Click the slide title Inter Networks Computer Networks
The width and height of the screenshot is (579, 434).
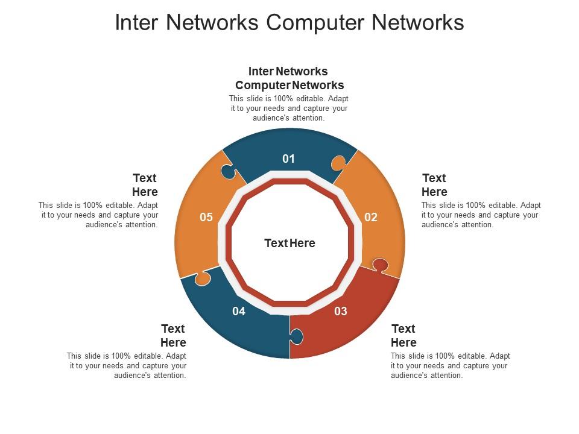click(289, 22)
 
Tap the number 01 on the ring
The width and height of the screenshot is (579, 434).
click(289, 159)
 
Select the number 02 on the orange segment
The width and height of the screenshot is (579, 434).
click(371, 217)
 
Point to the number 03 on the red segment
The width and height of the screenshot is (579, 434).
click(341, 311)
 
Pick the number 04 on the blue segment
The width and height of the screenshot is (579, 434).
click(239, 311)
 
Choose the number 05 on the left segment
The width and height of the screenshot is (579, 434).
click(206, 217)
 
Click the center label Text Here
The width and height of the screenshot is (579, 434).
click(289, 243)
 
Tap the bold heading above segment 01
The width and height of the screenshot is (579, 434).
click(289, 78)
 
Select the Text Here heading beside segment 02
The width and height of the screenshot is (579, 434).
click(434, 185)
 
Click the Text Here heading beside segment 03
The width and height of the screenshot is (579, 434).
click(403, 336)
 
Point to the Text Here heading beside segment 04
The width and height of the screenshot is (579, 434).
click(173, 336)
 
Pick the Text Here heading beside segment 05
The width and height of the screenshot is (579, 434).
click(145, 185)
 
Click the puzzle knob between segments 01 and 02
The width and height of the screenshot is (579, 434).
click(338, 163)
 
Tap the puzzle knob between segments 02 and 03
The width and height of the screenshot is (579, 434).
click(380, 265)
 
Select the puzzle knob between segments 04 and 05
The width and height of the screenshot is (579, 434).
click(202, 278)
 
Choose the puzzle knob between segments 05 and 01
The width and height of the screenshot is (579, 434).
click(227, 172)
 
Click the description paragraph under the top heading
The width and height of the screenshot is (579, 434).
click(289, 108)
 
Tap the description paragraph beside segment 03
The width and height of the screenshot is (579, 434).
click(450, 366)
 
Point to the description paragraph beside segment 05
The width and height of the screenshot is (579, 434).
click(99, 215)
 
